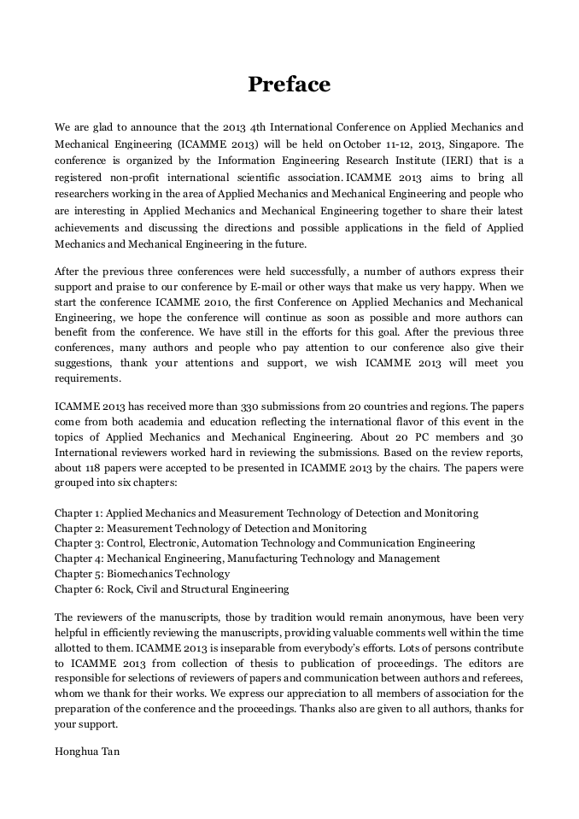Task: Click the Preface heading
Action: coord(289,85)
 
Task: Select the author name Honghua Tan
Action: coord(81,753)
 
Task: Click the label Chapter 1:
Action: coord(79,513)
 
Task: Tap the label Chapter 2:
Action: coord(79,529)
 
